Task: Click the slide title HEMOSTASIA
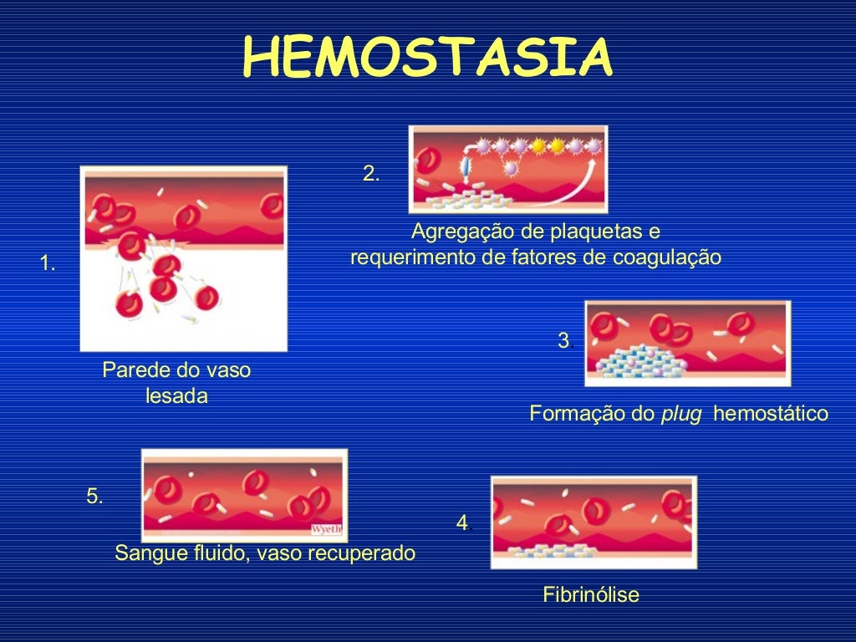(x=427, y=59)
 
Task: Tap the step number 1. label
(x=48, y=265)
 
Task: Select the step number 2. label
(x=371, y=174)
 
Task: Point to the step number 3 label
(x=563, y=340)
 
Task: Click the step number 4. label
(x=464, y=523)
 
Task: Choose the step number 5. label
(x=94, y=497)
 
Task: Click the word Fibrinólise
(x=591, y=595)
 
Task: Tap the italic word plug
(x=675, y=414)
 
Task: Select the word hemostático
(x=771, y=414)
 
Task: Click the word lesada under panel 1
(x=176, y=396)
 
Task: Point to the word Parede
(x=130, y=369)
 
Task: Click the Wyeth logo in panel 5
(x=326, y=529)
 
